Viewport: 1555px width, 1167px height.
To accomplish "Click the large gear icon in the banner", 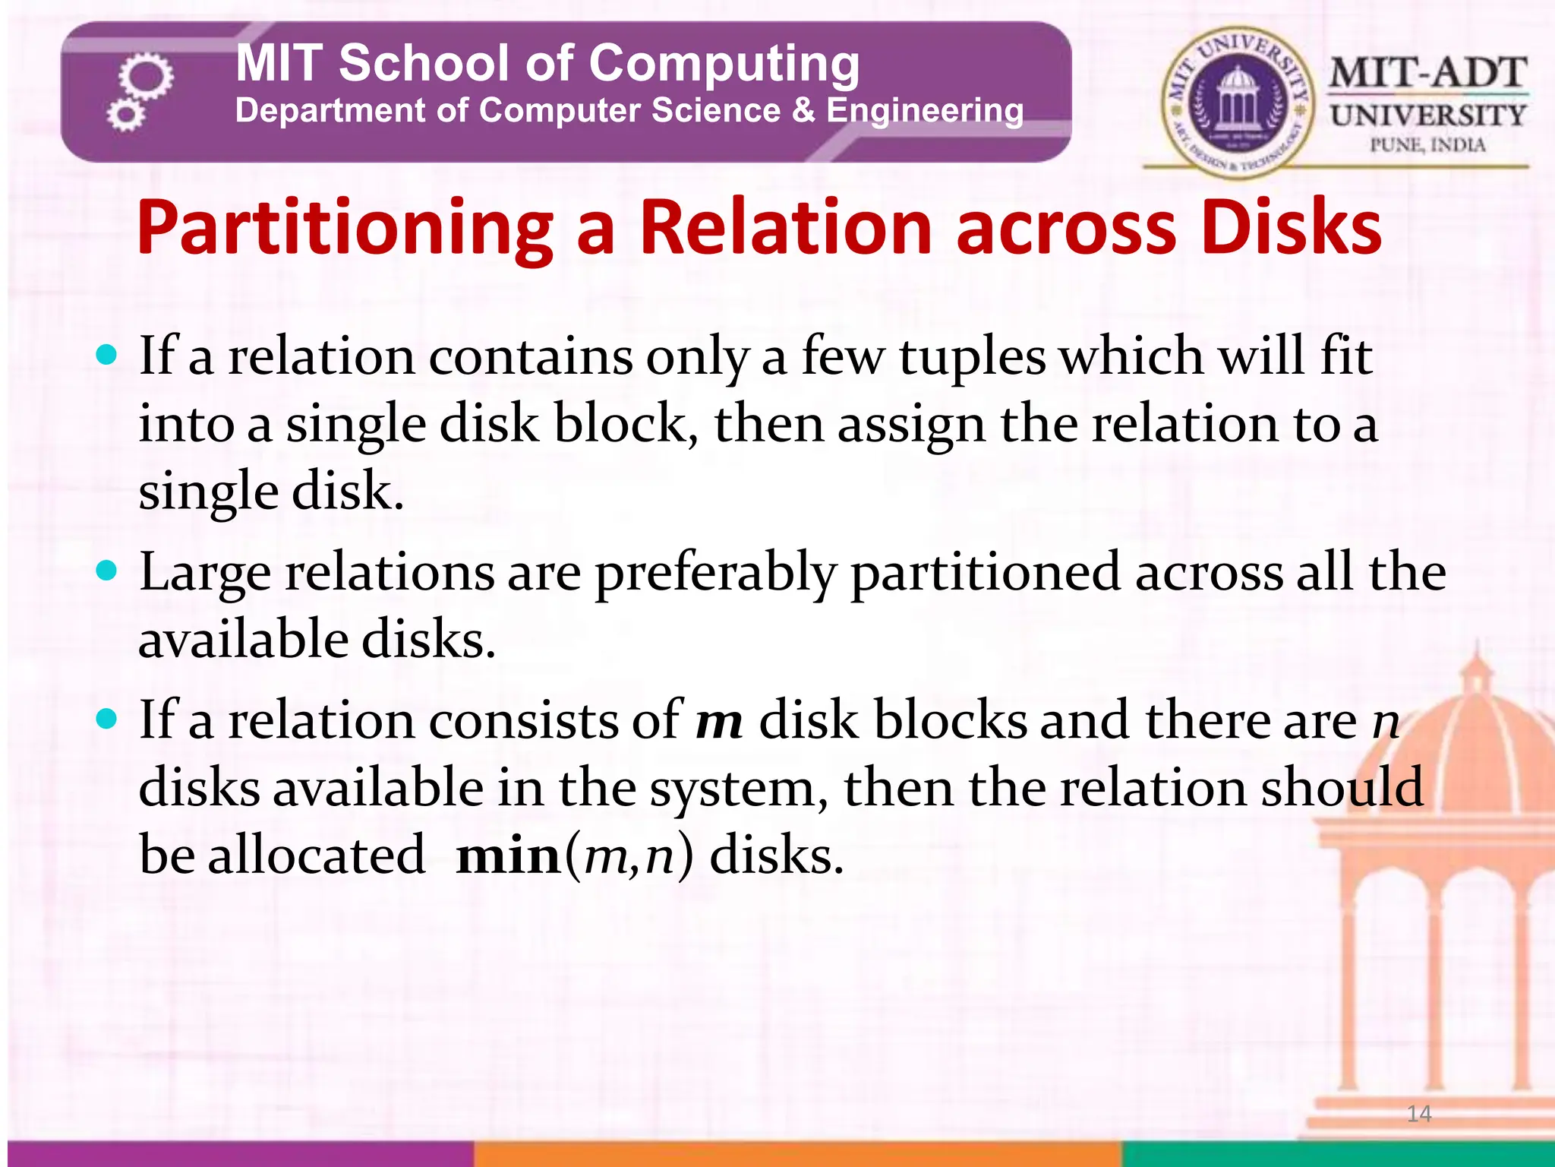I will [146, 77].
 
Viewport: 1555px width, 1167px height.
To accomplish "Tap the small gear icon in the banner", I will [125, 116].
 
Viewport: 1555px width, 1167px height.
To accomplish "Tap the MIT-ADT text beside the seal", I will [1427, 74].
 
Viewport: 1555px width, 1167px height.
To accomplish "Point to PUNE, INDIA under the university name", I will [1427, 144].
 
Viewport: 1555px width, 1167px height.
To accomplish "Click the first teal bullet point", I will [108, 354].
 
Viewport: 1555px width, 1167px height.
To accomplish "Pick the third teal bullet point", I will [108, 718].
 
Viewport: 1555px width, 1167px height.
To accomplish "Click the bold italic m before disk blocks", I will [718, 722].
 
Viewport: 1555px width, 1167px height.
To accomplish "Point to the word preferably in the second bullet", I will [715, 574].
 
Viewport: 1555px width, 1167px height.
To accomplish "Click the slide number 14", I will [1418, 1114].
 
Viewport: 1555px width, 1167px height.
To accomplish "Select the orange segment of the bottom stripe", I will [797, 1153].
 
